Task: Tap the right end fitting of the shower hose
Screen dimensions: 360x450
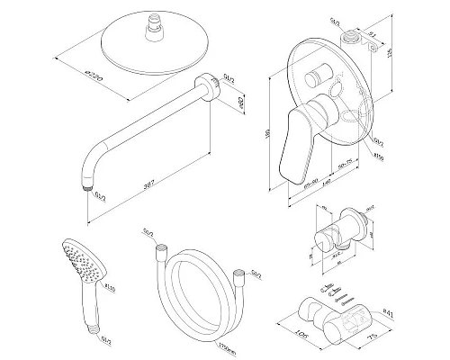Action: (x=238, y=272)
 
